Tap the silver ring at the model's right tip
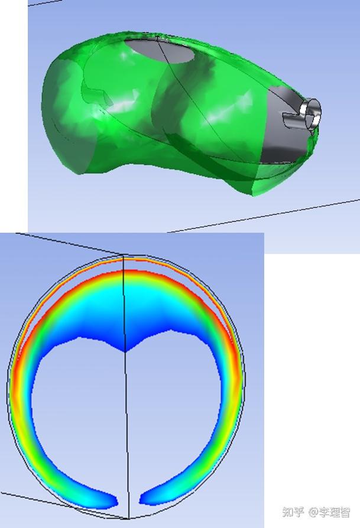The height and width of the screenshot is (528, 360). (x=312, y=111)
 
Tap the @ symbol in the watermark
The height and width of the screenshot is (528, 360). (x=313, y=511)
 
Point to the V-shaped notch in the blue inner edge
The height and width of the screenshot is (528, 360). (x=125, y=351)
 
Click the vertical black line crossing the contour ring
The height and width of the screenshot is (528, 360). (x=125, y=413)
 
